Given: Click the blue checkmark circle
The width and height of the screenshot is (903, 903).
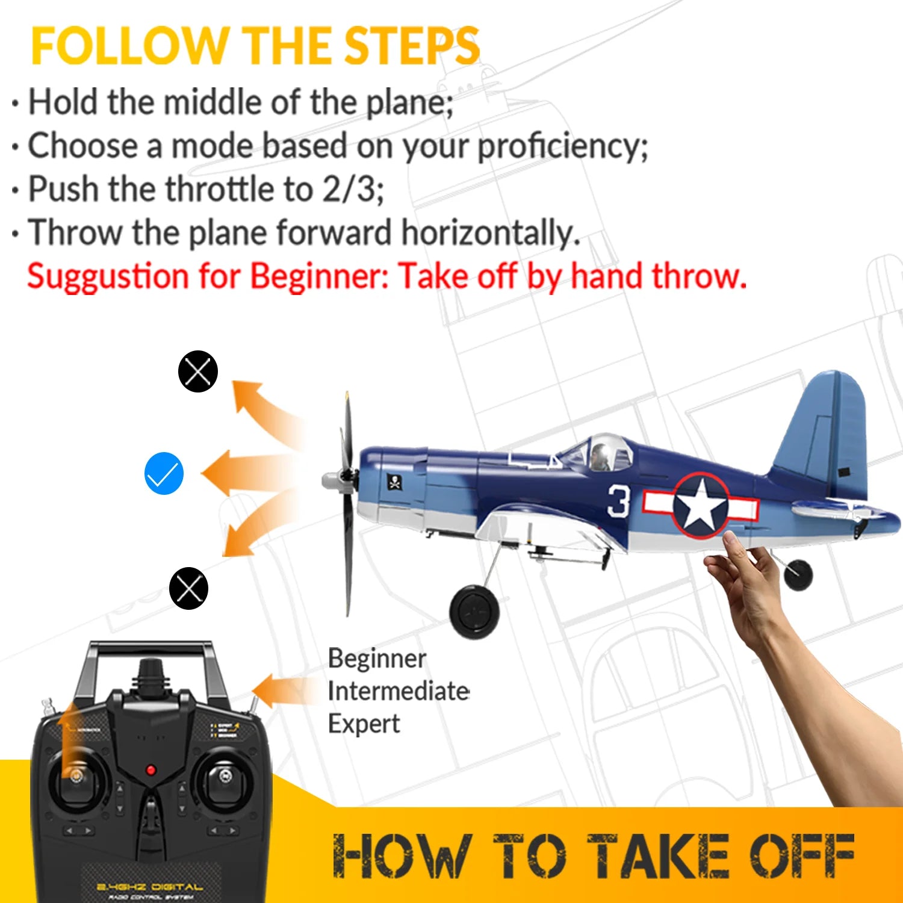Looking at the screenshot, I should pyautogui.click(x=164, y=473).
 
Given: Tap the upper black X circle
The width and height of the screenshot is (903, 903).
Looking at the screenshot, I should pyautogui.click(x=197, y=371).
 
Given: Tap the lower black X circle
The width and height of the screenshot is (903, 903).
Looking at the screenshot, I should pyautogui.click(x=188, y=588).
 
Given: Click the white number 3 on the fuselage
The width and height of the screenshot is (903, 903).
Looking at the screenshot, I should pyautogui.click(x=618, y=501).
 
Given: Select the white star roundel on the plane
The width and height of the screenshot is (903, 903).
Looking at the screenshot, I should pyautogui.click(x=700, y=506).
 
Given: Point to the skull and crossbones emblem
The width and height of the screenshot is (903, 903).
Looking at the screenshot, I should pyautogui.click(x=394, y=482).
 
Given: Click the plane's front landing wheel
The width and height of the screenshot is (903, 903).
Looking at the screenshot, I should pyautogui.click(x=474, y=612).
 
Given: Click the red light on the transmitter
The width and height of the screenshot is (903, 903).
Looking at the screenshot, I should pyautogui.click(x=151, y=770).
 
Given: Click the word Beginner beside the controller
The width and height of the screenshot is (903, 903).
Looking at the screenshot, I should pyautogui.click(x=377, y=659).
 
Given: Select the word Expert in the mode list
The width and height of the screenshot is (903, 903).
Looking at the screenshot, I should pyautogui.click(x=364, y=724).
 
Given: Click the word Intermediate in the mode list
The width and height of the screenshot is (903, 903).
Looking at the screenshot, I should pyautogui.click(x=399, y=691).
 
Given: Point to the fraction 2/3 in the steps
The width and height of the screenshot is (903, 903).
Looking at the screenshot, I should pyautogui.click(x=349, y=189).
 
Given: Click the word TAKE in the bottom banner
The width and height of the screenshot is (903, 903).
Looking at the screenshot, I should pyautogui.click(x=658, y=855).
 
